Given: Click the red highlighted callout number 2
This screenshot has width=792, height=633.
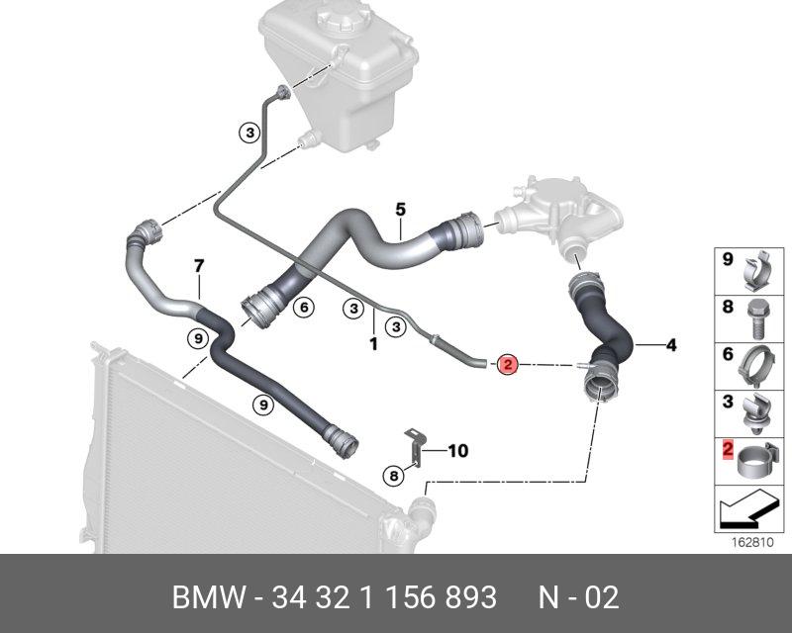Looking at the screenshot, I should [x=507, y=365].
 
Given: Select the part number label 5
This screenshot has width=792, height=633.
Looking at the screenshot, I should [x=400, y=210].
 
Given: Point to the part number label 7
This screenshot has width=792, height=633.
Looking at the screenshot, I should [x=198, y=266].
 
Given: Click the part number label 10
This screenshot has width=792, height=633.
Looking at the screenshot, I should [x=457, y=451].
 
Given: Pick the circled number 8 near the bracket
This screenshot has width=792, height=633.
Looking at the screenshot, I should [x=394, y=476].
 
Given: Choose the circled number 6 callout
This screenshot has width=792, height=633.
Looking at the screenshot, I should [x=303, y=309].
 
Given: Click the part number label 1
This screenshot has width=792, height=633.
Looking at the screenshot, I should [x=373, y=344].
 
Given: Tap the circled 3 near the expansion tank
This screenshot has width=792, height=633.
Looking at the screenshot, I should [x=249, y=132].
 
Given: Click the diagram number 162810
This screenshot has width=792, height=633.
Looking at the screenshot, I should [x=753, y=543].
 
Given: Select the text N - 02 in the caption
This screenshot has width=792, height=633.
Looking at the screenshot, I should [x=578, y=597].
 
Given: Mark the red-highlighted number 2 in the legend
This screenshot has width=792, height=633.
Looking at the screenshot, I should [x=728, y=452].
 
